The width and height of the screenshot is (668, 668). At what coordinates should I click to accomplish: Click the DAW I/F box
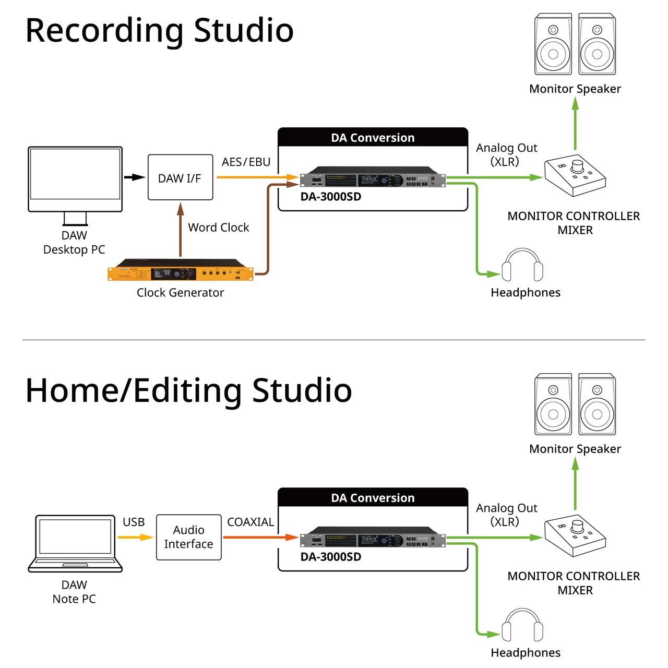coord(180,177)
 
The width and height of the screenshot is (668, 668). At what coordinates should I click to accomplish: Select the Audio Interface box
coord(188,537)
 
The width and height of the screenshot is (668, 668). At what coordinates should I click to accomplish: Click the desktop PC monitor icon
coord(75,180)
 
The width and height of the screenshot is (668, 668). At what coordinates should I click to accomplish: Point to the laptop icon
coord(75,543)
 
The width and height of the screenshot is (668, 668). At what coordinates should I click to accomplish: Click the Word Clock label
coord(218,228)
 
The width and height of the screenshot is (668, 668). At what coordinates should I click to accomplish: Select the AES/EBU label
coord(246,162)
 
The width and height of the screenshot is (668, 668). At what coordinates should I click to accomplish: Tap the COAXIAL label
coord(250,522)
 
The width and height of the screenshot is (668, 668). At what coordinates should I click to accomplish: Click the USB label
coord(134,522)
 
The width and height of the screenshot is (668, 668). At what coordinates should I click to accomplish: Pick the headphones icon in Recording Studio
coord(522,266)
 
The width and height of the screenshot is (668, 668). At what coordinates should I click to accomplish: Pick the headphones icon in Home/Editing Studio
coord(522,626)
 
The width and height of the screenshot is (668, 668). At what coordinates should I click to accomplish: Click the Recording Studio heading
coord(159,30)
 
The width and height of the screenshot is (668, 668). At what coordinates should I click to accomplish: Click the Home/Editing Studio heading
coord(188,390)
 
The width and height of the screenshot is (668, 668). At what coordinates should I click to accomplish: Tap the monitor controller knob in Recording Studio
coord(578,166)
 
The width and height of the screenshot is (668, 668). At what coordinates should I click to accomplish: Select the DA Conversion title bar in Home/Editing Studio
coord(373,498)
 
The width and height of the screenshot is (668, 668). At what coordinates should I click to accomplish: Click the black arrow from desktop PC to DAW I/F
coord(135,177)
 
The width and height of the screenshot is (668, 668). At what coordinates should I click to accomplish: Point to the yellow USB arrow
coord(135,537)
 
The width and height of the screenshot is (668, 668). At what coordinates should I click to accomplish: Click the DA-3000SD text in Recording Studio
coord(330,197)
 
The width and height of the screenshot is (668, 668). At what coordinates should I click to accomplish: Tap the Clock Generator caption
coord(180,293)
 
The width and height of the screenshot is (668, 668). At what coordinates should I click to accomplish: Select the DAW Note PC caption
coord(74,592)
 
